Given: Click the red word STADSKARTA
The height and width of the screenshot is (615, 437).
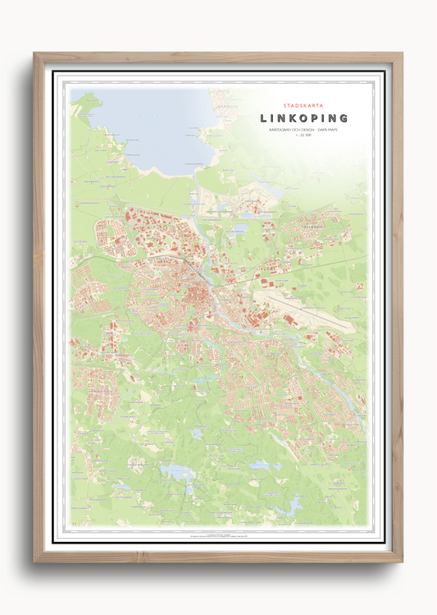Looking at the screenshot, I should click(302, 105).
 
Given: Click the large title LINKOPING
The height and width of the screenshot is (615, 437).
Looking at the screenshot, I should click(303, 118).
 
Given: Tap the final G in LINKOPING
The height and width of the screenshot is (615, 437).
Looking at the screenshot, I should click(343, 118).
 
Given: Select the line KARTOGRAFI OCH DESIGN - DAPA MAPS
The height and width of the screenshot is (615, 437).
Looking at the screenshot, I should click(303, 131).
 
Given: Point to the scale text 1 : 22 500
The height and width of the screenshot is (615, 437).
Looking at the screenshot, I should click(303, 137).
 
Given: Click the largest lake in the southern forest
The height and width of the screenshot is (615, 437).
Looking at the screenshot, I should click(179, 472).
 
